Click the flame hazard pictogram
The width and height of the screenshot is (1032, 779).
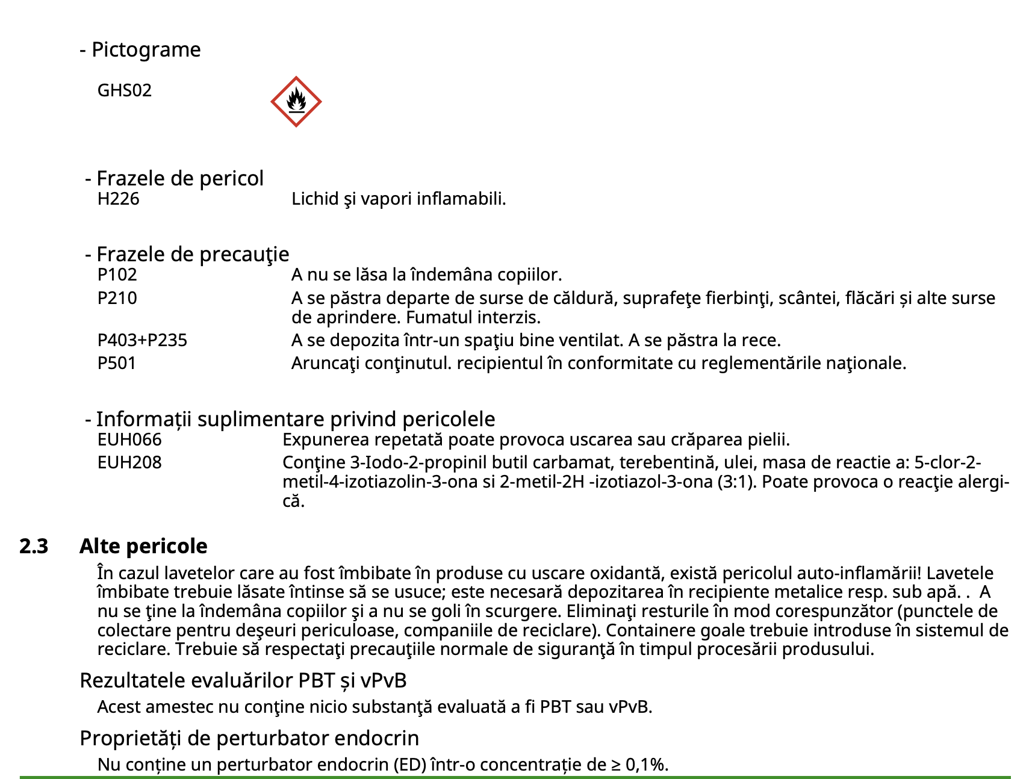coord(296,101)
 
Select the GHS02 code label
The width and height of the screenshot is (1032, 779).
coord(125,90)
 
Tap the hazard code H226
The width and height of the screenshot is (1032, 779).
coord(118,199)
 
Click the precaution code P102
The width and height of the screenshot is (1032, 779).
coord(117,275)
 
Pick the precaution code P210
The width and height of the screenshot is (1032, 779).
coord(117,298)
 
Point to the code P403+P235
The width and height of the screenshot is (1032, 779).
coord(142,340)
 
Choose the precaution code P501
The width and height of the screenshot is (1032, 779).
coord(117,363)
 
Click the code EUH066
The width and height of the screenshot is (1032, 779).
coord(129,439)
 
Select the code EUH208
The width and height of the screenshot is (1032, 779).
coord(129,462)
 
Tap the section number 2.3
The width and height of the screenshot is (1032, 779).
coord(34,546)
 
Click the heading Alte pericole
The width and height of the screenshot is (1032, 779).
coord(143,546)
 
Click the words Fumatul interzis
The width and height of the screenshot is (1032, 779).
coord(473,317)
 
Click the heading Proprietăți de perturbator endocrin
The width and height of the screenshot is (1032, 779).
coord(249,738)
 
